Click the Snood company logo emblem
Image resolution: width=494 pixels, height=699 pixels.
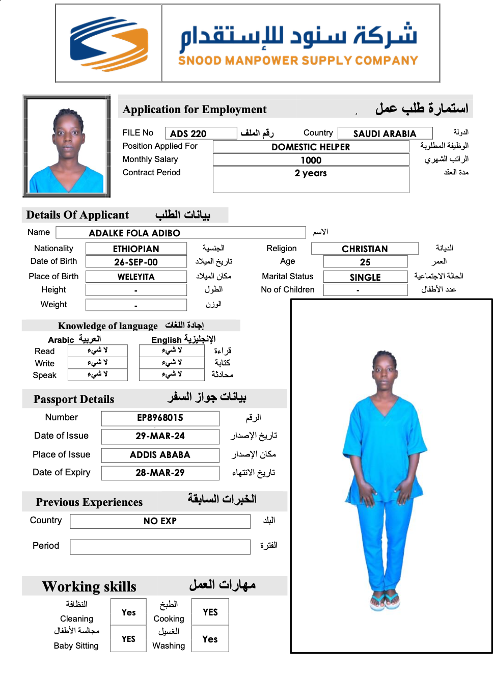[109, 44]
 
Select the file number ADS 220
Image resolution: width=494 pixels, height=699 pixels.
[188, 134]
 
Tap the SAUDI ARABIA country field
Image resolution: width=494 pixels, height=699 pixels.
[385, 134]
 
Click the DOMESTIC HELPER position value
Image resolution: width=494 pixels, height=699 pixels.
[311, 147]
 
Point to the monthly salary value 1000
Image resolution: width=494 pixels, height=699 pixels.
[311, 160]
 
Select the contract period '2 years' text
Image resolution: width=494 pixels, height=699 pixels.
[311, 173]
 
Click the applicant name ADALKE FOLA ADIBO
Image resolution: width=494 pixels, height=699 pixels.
[134, 233]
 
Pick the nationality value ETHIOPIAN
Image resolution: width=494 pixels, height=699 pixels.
[136, 249]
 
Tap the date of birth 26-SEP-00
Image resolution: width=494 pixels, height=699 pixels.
[136, 262]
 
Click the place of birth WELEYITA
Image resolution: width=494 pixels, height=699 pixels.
[136, 277]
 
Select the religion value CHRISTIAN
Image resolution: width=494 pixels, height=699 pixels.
[365, 249]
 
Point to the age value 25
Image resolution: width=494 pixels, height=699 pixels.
[365, 262]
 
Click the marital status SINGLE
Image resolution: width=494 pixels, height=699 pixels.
[365, 278]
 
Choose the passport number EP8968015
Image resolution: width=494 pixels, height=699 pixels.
[160, 418]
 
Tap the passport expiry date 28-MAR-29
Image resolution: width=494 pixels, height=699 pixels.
[160, 473]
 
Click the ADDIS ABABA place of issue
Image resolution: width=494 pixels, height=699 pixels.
[160, 455]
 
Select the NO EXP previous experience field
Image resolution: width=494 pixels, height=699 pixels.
[160, 521]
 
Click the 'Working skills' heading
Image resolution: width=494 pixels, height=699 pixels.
[89, 587]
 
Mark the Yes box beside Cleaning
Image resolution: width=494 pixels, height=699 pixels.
[128, 612]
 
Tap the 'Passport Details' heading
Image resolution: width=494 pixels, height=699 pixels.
[74, 399]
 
